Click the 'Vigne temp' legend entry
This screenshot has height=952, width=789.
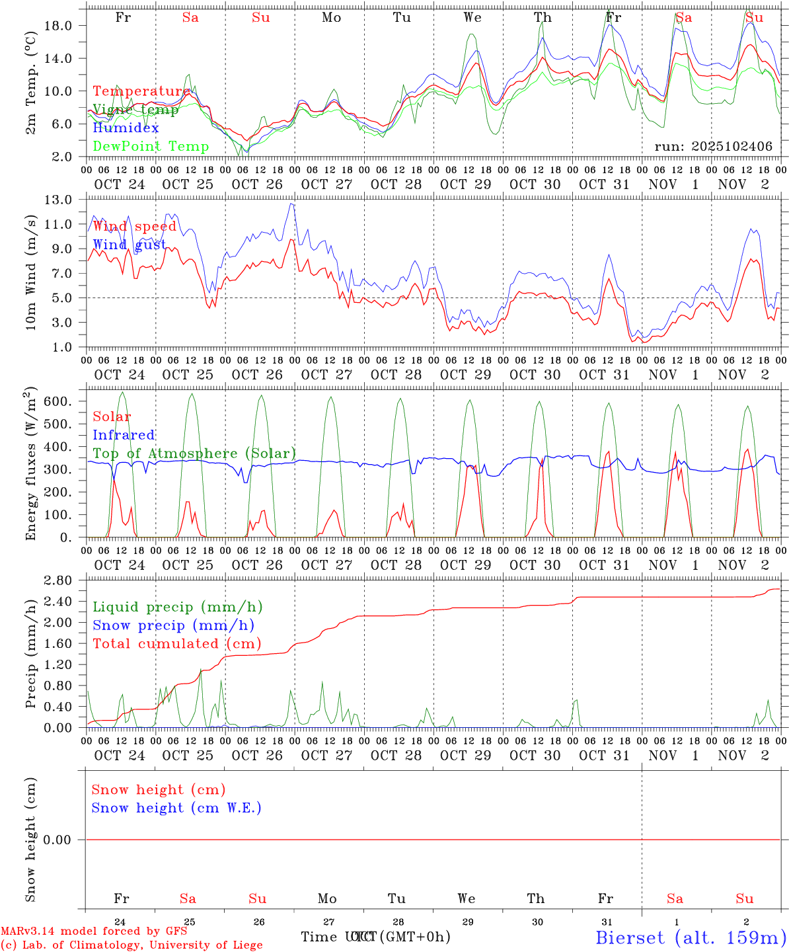(135, 110)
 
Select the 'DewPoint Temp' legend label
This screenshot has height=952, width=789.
(151, 147)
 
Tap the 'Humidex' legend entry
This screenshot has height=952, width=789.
(126, 128)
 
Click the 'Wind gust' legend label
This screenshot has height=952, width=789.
(130, 245)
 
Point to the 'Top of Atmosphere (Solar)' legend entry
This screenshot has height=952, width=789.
(194, 454)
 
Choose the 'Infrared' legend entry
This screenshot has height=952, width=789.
(124, 435)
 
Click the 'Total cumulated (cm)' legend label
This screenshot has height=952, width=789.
(176, 644)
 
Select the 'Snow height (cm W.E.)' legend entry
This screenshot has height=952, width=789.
(176, 808)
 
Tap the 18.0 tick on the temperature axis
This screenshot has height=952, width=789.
(66, 26)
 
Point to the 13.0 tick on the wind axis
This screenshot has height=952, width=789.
(66, 200)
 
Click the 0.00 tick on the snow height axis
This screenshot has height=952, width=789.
(66, 840)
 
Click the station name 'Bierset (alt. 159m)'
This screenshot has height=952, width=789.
(691, 937)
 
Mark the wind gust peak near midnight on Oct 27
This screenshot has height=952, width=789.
(291, 204)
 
